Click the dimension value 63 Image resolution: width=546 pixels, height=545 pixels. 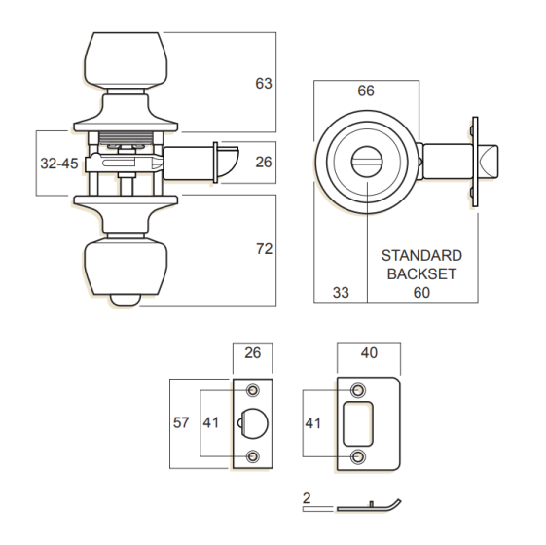coord(264,84)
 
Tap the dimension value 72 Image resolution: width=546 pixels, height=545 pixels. coord(264,249)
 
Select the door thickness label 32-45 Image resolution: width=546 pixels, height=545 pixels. coord(59,163)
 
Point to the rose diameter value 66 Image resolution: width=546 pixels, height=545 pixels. coord(366,91)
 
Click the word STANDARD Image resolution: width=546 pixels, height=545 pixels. coord(421,256)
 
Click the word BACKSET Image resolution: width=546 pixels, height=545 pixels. coord(421,274)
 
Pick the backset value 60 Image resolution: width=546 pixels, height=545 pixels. coord(421,293)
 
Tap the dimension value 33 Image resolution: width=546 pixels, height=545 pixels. coord(341,293)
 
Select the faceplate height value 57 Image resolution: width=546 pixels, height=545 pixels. coord(181,422)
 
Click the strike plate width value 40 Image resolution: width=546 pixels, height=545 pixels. coord(369,353)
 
